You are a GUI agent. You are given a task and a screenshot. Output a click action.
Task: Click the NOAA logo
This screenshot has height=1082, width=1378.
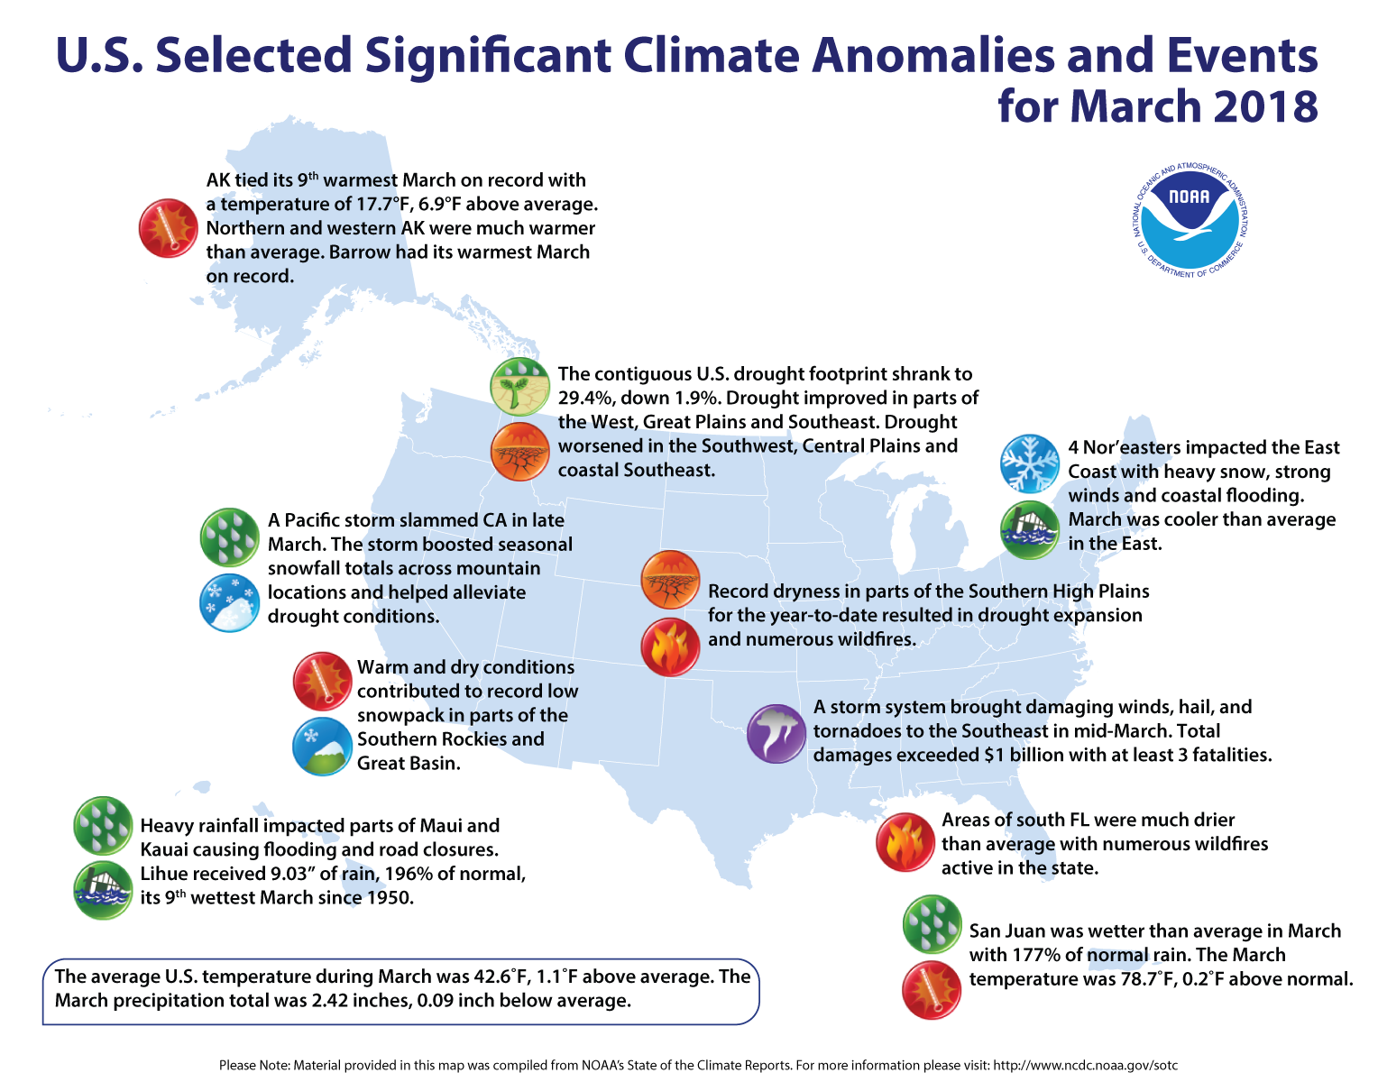coord(1190,221)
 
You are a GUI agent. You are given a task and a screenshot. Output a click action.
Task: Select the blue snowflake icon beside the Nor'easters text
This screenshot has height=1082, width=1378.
coord(1030,464)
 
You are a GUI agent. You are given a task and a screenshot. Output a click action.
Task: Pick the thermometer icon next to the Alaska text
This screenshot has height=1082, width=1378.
coord(168,227)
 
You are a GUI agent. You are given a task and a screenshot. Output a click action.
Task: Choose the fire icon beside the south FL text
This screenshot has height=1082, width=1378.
coord(905,842)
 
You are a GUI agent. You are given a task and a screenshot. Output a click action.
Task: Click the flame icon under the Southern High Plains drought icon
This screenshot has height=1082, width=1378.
coord(670,646)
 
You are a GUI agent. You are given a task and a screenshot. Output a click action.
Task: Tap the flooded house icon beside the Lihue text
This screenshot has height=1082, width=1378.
coord(102,890)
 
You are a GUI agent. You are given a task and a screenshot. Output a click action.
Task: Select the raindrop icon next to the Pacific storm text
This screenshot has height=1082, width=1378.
coord(228,536)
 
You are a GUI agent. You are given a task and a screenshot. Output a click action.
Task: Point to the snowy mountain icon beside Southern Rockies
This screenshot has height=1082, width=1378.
coord(322,746)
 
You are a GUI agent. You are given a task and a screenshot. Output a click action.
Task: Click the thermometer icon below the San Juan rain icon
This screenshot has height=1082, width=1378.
coord(932,990)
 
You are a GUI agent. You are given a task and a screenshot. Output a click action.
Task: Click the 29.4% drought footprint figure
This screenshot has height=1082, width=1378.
coord(587,398)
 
